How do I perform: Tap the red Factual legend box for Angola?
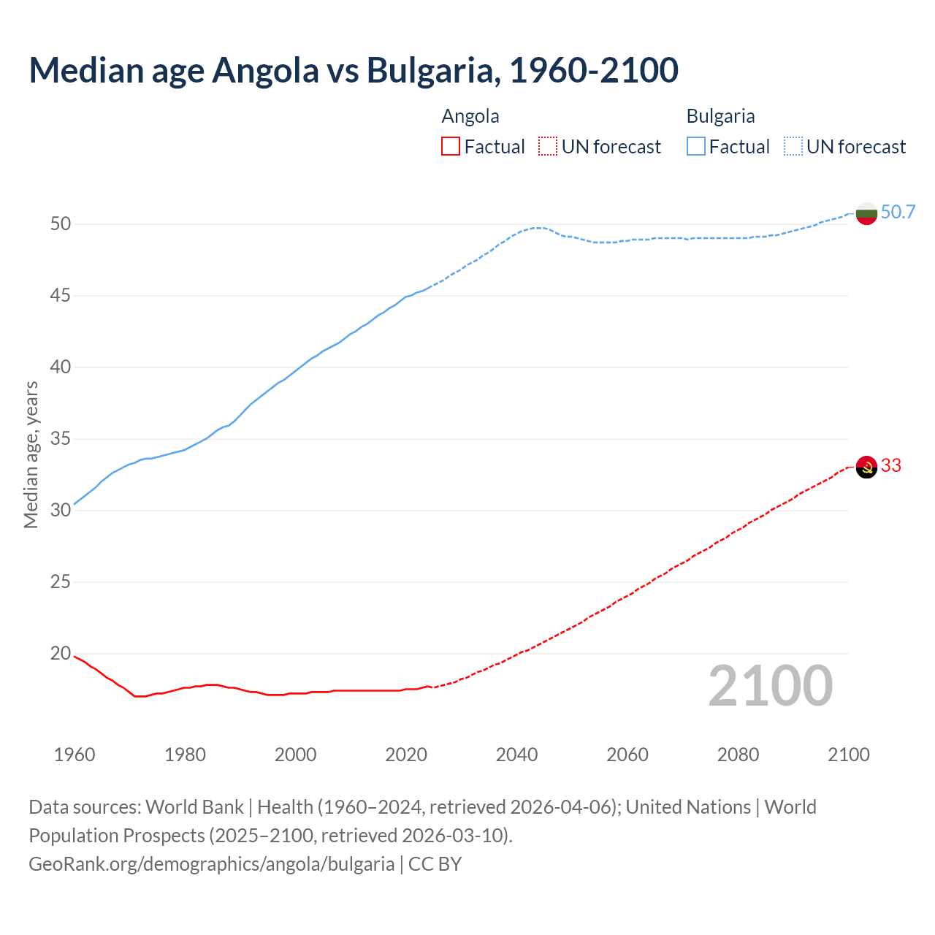coord(451,147)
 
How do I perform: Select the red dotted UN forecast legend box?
coord(547,147)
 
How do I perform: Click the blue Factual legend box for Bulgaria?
coord(695,147)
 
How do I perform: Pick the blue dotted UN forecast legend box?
coord(793,147)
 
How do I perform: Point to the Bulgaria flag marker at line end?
coord(866,213)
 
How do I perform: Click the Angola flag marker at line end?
coord(866,466)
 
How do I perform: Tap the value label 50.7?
coord(898,213)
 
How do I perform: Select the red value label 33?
coord(891,466)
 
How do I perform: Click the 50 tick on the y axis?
coord(61,224)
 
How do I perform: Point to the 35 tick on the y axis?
coord(61,439)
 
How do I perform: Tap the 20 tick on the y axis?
coord(61,654)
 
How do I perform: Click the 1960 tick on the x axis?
coord(75,755)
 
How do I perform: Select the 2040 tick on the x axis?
coord(516,755)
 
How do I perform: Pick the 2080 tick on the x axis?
coord(738,755)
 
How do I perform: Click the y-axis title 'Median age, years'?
coord(31,454)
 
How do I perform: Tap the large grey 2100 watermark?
coord(770,686)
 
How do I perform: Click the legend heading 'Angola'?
coord(470,116)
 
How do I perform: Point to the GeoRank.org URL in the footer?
coord(211,864)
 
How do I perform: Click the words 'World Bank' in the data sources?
coord(194,807)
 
